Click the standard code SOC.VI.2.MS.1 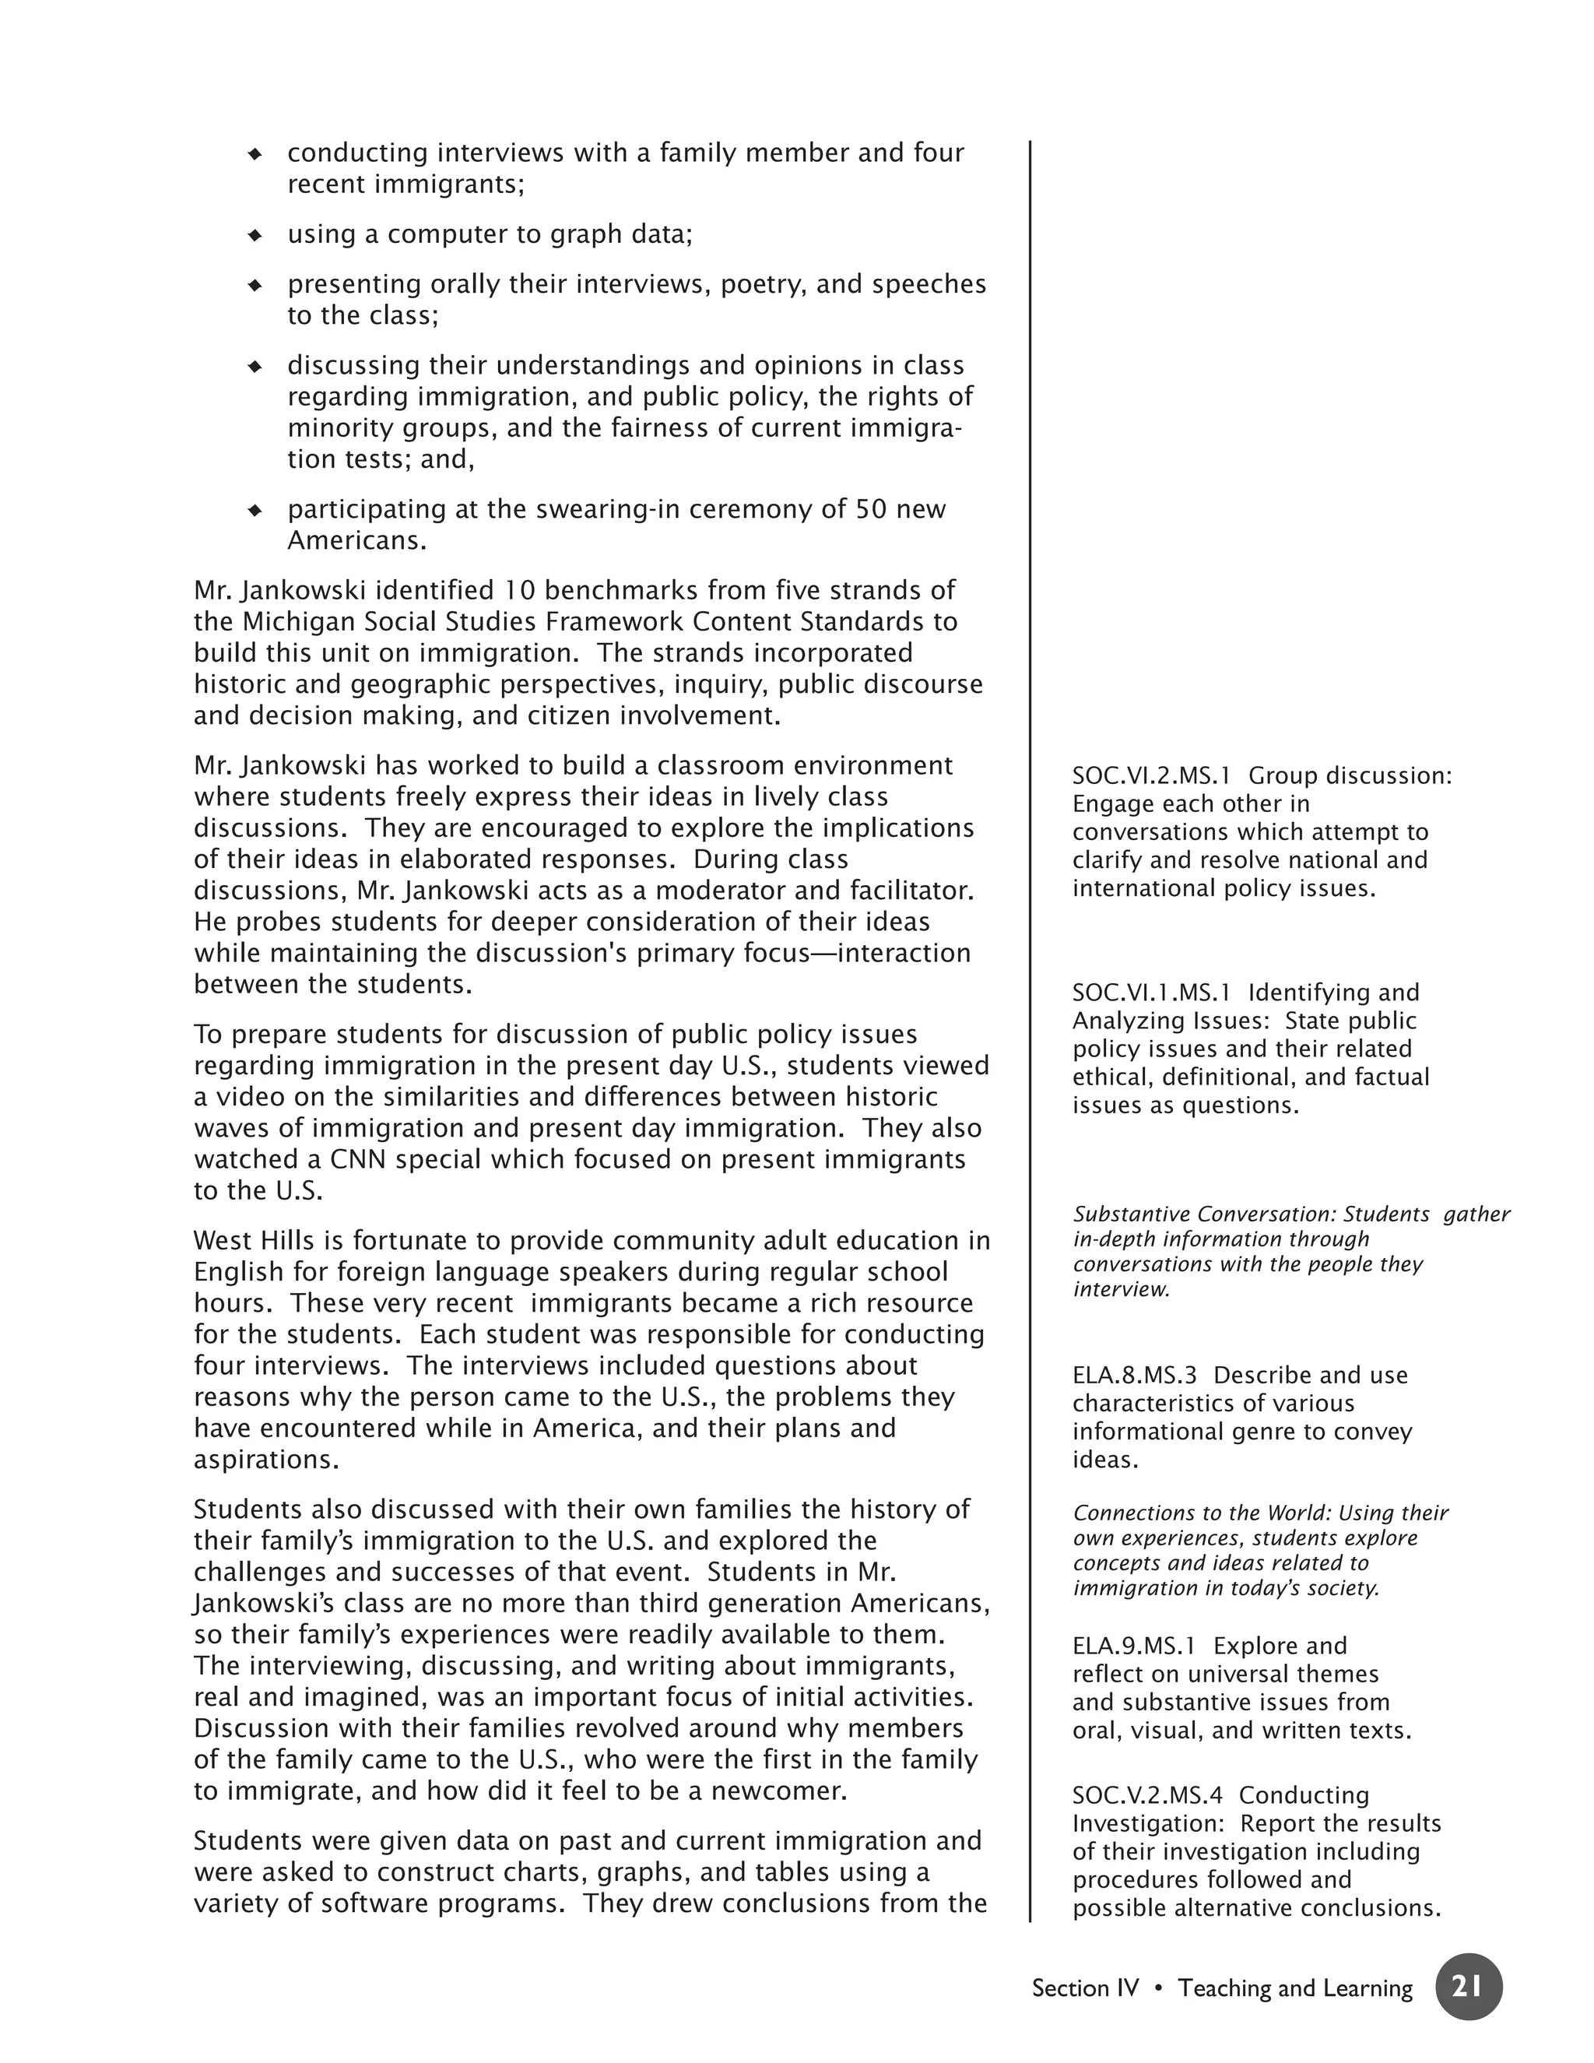click(x=1151, y=775)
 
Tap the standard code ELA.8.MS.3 click(x=1134, y=1376)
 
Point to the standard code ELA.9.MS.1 click(x=1133, y=1647)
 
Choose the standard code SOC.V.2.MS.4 click(x=1147, y=1796)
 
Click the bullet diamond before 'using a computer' click(x=254, y=235)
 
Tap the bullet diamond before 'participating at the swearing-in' click(x=254, y=510)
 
